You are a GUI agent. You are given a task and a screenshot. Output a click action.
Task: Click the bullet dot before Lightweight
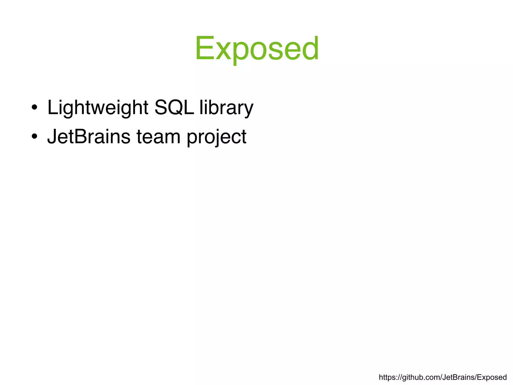click(x=35, y=108)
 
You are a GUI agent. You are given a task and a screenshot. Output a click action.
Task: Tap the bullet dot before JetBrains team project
click(x=35, y=137)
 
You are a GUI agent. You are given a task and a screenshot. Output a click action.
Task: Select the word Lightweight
click(x=98, y=108)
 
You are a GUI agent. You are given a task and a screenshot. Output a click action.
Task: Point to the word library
click(x=226, y=108)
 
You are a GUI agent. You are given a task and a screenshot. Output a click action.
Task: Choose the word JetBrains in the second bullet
click(x=89, y=137)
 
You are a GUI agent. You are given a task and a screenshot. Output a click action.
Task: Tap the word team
click(x=158, y=137)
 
